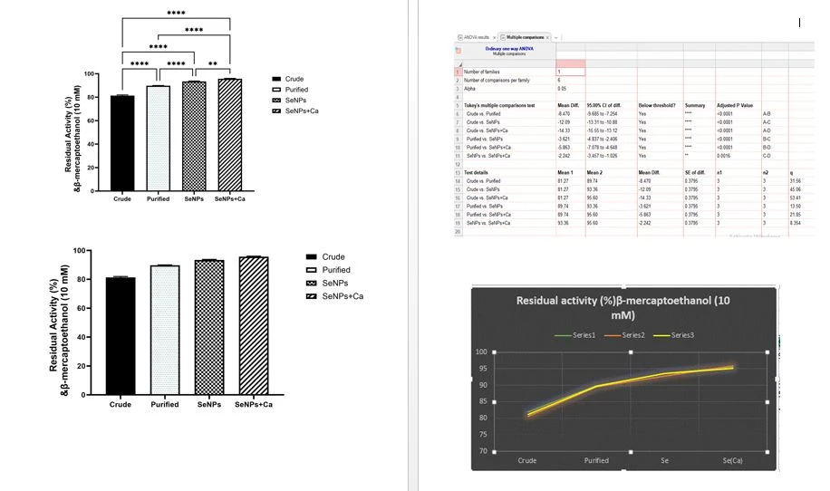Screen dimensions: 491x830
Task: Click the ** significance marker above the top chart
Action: click(212, 64)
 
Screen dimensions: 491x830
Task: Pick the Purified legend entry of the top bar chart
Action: click(295, 90)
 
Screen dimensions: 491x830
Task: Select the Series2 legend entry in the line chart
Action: click(633, 335)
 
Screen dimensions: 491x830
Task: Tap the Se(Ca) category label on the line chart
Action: click(733, 461)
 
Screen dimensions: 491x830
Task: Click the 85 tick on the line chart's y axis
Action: click(482, 418)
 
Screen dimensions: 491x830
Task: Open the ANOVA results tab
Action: click(477, 36)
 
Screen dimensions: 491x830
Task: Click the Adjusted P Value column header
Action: click(735, 106)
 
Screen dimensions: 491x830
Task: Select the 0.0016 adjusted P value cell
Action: click(722, 156)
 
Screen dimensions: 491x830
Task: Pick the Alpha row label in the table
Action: click(471, 89)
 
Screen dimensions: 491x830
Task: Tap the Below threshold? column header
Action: click(657, 106)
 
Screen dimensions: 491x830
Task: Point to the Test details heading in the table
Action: click(477, 172)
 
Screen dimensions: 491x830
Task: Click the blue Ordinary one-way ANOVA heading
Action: click(511, 49)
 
